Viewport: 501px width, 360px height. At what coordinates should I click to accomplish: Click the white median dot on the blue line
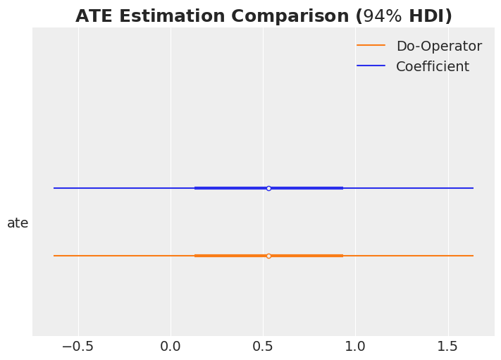click(x=268, y=188)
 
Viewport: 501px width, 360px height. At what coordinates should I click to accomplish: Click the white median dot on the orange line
click(x=268, y=256)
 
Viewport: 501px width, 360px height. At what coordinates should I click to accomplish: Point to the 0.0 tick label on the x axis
click(x=171, y=347)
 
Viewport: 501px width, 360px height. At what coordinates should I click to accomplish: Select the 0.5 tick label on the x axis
click(x=263, y=347)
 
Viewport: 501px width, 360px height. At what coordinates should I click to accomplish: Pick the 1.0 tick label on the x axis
click(x=355, y=347)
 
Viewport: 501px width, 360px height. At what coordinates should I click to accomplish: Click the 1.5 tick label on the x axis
click(x=447, y=347)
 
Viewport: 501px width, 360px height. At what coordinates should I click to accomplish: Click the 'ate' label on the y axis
click(x=18, y=223)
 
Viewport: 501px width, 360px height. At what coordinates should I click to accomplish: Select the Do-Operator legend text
click(x=438, y=46)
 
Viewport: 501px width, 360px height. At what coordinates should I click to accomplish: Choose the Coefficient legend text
click(x=432, y=67)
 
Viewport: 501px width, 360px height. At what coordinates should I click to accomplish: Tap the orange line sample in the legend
click(x=371, y=46)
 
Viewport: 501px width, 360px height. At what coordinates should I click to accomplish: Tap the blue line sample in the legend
click(x=371, y=66)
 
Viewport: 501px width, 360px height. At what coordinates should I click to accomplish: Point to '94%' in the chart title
click(x=383, y=16)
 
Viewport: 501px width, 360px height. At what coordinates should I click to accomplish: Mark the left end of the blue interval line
click(x=54, y=188)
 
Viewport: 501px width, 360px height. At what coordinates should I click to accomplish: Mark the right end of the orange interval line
click(x=473, y=256)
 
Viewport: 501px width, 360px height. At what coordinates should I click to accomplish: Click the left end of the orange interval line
click(x=54, y=256)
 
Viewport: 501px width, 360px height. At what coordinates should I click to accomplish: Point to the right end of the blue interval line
click(x=473, y=188)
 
